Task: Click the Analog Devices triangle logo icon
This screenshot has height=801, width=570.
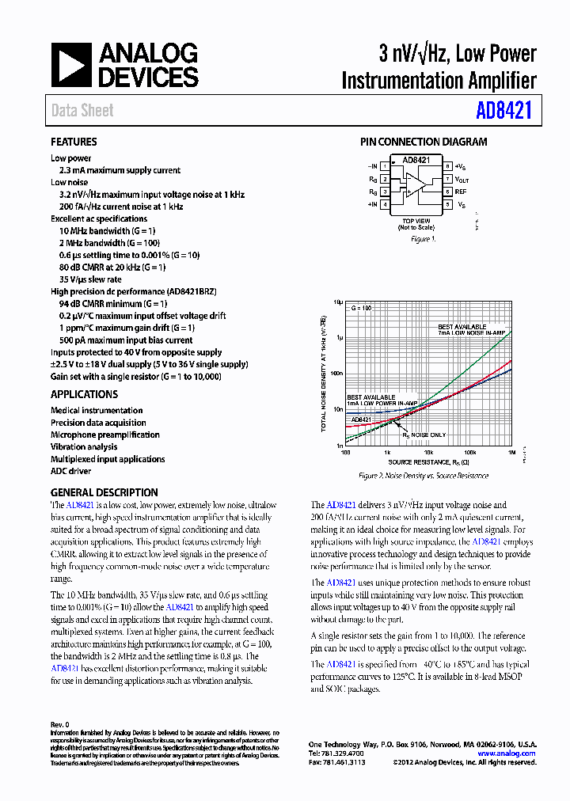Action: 71,65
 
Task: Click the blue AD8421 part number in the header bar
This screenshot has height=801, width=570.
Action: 503,111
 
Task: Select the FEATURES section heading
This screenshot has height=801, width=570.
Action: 74,142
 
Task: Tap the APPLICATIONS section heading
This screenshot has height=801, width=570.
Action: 84,394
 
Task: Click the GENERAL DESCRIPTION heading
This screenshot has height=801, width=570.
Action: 104,492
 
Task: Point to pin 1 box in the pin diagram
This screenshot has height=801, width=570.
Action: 385,166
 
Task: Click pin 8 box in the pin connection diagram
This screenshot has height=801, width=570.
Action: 447,166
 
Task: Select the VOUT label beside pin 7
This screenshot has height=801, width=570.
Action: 462,179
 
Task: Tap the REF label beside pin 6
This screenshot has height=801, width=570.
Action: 461,192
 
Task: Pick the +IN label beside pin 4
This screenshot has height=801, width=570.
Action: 373,205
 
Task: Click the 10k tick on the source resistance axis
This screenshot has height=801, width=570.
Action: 428,452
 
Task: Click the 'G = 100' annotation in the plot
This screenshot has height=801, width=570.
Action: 360,308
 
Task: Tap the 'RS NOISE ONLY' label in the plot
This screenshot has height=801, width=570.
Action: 424,435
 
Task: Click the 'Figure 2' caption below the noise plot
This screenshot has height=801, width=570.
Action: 424,476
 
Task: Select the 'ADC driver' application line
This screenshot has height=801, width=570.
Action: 70,471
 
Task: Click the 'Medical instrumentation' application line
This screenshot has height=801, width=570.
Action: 97,410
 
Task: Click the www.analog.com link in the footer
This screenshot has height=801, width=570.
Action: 507,754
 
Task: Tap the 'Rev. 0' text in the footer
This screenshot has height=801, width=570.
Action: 60,725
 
